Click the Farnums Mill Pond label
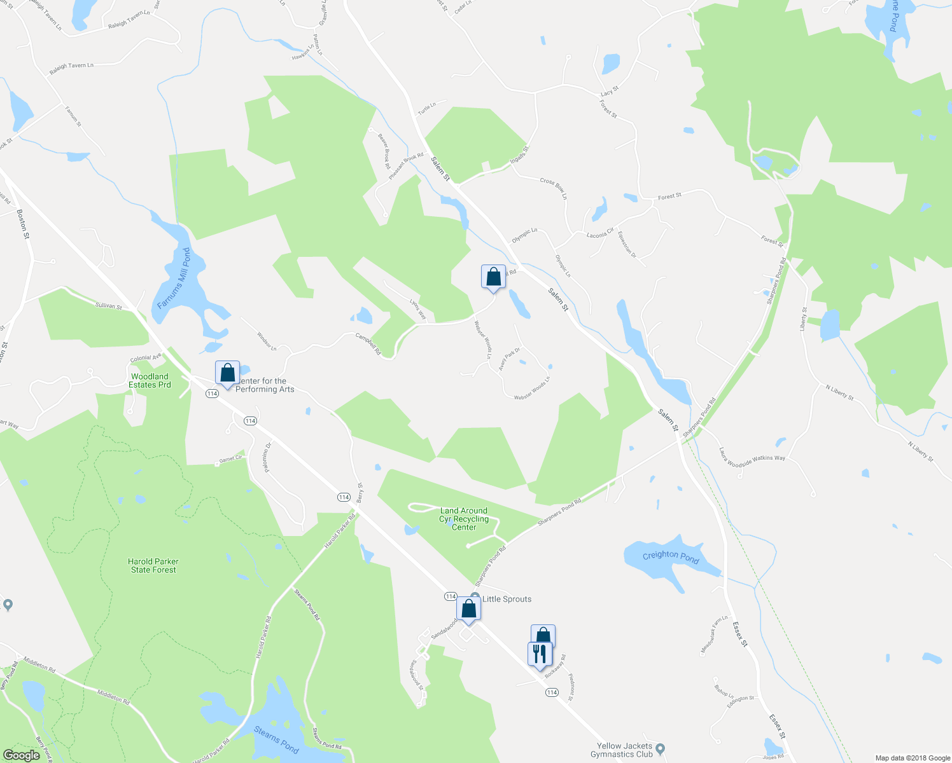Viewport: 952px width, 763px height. [x=174, y=278]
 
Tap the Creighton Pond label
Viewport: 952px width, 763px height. [x=670, y=557]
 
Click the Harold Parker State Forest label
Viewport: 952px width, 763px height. [x=153, y=565]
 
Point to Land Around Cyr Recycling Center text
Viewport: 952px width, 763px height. [x=464, y=519]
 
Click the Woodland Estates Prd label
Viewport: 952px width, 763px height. [x=150, y=380]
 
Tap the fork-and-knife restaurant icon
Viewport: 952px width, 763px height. [x=539, y=654]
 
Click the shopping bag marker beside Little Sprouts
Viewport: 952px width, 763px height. [x=468, y=609]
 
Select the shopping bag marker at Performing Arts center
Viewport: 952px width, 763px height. [x=227, y=373]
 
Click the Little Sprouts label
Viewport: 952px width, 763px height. [x=507, y=599]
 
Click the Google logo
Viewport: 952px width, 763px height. [x=21, y=755]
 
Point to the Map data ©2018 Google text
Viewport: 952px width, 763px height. [x=912, y=758]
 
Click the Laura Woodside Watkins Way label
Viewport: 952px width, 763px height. [x=752, y=458]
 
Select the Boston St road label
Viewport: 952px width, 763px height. [x=24, y=224]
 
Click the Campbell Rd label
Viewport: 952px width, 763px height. [x=368, y=344]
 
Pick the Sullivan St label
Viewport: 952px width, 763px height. [x=109, y=306]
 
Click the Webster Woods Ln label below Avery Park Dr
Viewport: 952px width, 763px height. [x=531, y=388]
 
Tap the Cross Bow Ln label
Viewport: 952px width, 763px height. [x=553, y=188]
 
